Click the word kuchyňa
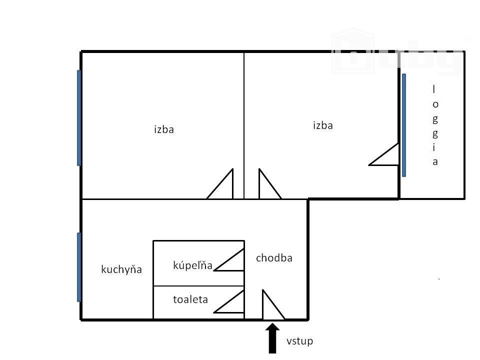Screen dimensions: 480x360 click(121, 269)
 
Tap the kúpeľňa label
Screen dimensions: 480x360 click(193, 265)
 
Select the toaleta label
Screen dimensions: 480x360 click(190, 299)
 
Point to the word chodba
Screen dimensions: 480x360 click(274, 258)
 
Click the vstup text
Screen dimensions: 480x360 click(299, 341)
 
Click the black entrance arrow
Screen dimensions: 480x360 click(272, 338)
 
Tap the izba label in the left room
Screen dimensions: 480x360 click(164, 129)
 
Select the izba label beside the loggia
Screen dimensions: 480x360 click(323, 125)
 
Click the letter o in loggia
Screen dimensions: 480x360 click(435, 104)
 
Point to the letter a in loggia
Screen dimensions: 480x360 click(435, 162)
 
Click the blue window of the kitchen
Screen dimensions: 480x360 click(79, 267)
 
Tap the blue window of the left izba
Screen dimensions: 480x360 click(79, 118)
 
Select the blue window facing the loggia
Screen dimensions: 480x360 click(404, 125)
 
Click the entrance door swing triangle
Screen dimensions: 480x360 click(262, 304)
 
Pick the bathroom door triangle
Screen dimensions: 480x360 click(243, 260)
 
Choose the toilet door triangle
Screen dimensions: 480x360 click(243, 301)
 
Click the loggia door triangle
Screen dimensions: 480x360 click(398, 154)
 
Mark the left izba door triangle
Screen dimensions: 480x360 click(232, 183)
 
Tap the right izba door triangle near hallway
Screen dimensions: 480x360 click(259, 183)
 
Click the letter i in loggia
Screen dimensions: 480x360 click(434, 147)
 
